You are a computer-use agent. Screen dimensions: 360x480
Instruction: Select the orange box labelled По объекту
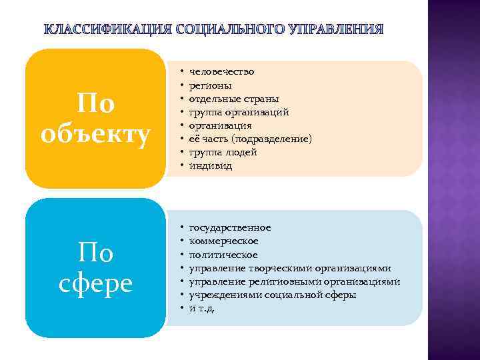95,118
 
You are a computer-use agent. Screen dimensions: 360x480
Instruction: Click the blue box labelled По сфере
95,267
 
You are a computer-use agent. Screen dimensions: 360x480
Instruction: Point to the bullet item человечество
221,71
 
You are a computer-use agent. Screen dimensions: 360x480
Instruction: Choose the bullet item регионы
211,85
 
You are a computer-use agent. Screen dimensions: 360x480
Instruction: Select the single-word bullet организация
221,125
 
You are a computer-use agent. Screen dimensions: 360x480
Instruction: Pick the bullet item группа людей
223,152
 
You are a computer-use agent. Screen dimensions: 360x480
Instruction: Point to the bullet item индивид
211,165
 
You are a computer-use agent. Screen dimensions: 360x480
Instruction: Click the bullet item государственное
230,227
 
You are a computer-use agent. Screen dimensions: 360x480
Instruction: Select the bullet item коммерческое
224,241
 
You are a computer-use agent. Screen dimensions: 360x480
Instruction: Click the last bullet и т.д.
203,308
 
